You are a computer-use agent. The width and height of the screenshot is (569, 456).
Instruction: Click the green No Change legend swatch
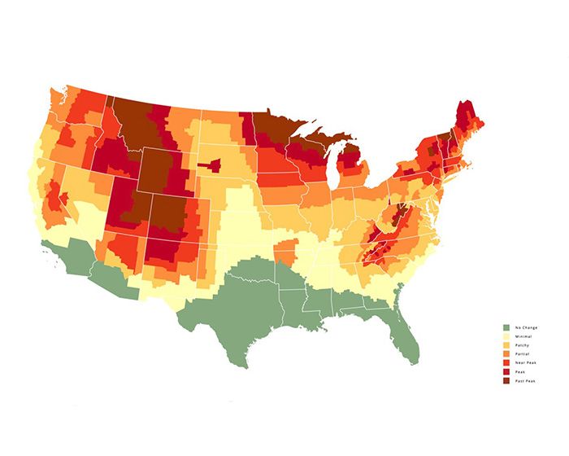pyautogui.click(x=506, y=327)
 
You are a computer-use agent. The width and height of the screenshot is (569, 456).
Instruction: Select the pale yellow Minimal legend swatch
pyautogui.click(x=506, y=335)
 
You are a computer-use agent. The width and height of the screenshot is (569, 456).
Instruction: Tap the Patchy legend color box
pyautogui.click(x=506, y=344)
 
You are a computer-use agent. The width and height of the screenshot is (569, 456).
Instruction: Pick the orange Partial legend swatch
pyautogui.click(x=506, y=353)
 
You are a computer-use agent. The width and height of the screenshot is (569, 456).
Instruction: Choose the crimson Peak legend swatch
pyautogui.click(x=506, y=371)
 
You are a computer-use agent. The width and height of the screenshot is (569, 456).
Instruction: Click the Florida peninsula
pyautogui.click(x=406, y=334)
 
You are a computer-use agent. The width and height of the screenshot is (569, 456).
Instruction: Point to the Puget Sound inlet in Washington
pyautogui.click(x=59, y=96)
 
